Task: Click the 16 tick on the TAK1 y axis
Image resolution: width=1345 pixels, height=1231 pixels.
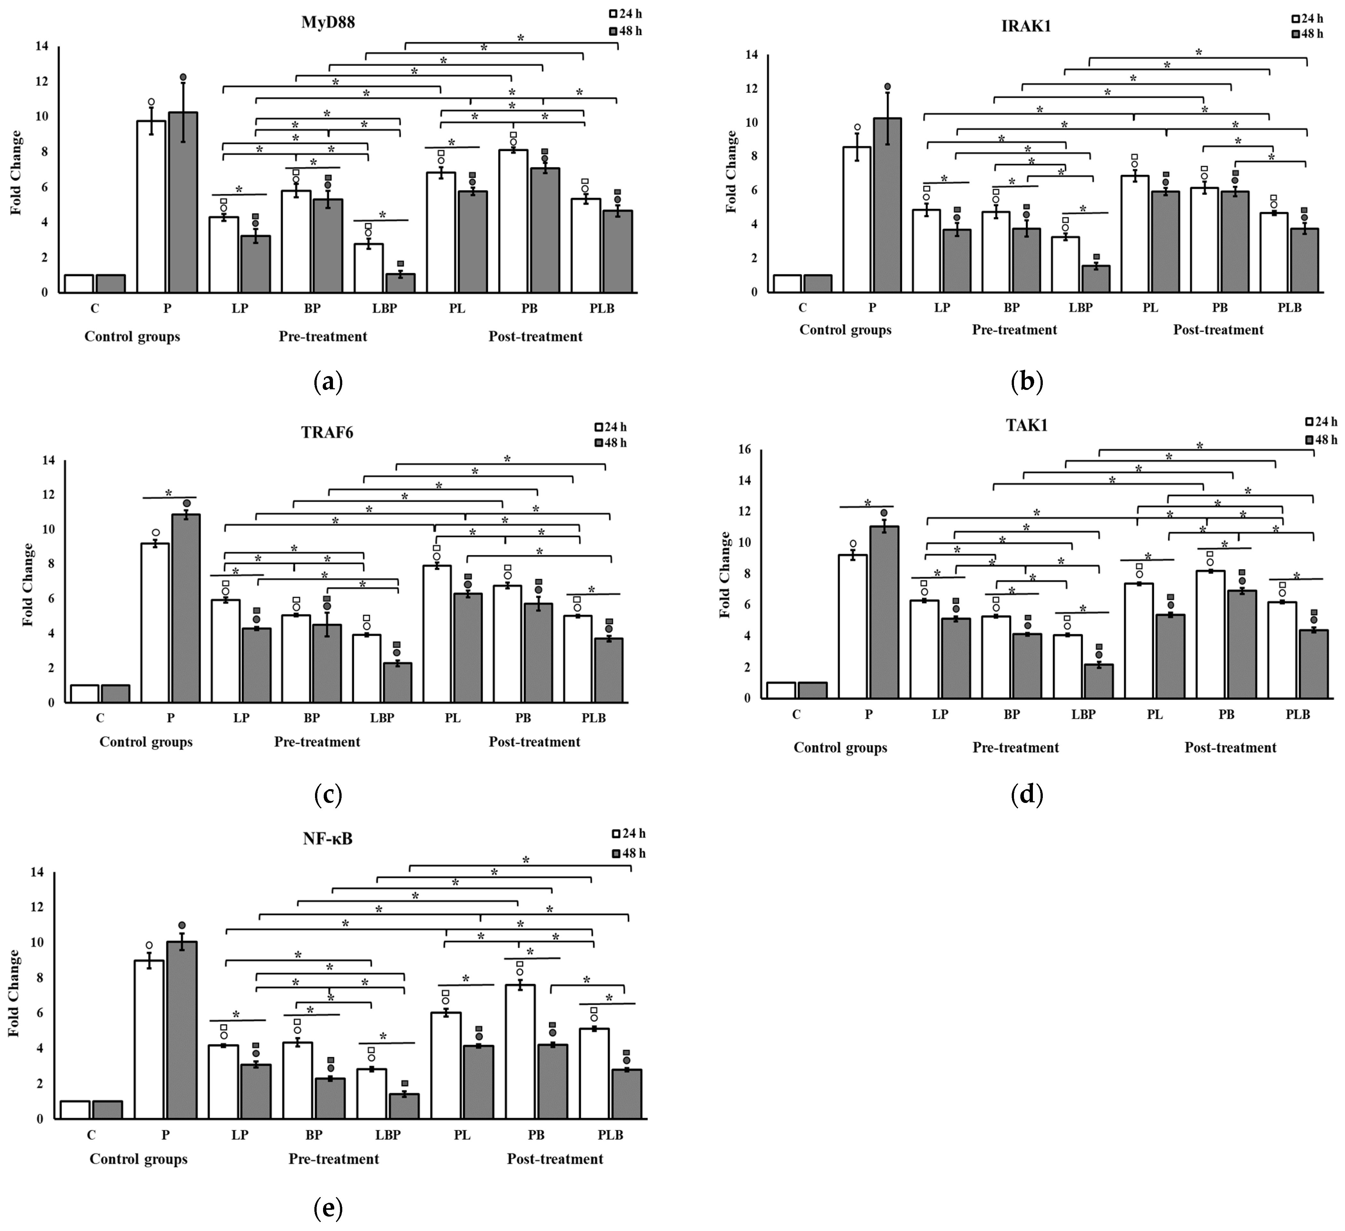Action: (x=744, y=450)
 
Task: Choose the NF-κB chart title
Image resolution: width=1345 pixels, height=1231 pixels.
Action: (x=328, y=839)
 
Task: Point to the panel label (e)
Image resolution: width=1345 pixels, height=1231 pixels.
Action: (x=328, y=1208)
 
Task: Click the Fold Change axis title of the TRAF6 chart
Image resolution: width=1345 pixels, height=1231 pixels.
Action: (x=28, y=584)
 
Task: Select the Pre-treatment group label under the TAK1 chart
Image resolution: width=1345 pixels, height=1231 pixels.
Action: (x=1016, y=748)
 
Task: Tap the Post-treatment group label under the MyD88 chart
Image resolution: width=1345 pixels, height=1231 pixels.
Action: (x=535, y=336)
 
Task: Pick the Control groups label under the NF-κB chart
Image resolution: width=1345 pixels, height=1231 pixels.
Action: (x=139, y=1159)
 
